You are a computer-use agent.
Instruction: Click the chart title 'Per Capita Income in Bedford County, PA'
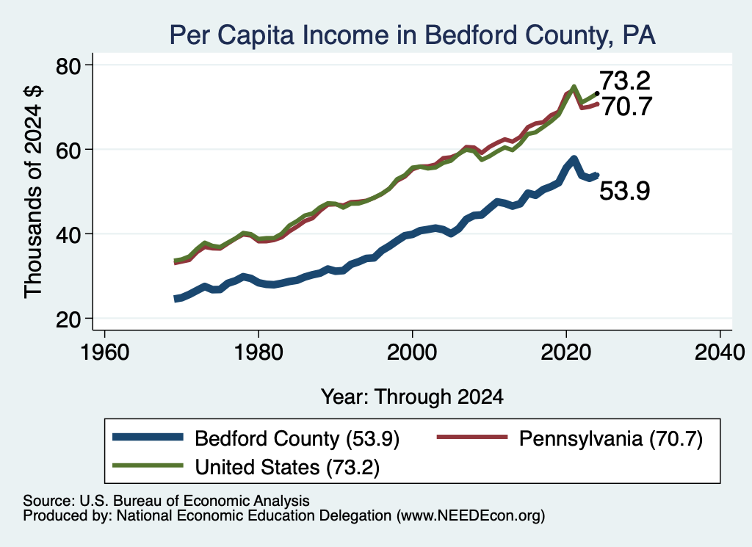[x=413, y=35]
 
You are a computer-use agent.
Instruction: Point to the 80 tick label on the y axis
[x=69, y=65]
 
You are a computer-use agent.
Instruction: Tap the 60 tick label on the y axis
[x=69, y=150]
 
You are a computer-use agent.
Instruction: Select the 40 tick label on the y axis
[x=69, y=234]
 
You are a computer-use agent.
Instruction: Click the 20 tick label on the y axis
[x=69, y=319]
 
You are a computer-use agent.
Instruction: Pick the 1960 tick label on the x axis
[x=104, y=352]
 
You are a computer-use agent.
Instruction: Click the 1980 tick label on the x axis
[x=258, y=352]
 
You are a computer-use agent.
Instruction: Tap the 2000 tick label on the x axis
[x=412, y=352]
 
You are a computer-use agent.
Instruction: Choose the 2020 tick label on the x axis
[x=566, y=352]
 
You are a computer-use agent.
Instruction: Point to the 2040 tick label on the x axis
[x=720, y=352]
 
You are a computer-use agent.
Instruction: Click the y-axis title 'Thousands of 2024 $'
[x=34, y=192]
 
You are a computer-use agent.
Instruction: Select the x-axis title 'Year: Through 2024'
[x=412, y=397]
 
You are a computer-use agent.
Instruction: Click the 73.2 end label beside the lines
[x=625, y=81]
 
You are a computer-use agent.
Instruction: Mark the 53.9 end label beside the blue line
[x=625, y=191]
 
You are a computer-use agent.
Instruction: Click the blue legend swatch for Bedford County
[x=148, y=437]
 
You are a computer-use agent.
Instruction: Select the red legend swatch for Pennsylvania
[x=472, y=437]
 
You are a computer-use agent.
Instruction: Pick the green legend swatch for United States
[x=148, y=465]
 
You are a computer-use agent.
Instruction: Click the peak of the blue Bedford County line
[x=574, y=158]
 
